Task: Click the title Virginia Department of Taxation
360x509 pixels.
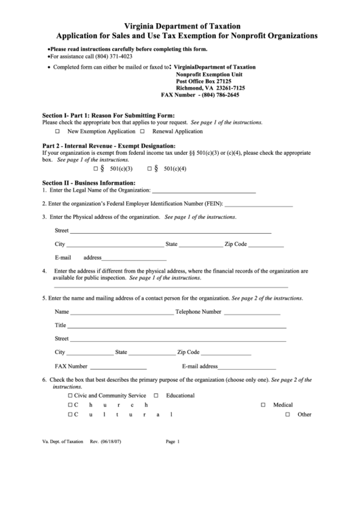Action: tap(180, 24)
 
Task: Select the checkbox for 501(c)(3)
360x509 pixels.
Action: tap(96, 168)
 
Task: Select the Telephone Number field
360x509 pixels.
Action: tap(251, 312)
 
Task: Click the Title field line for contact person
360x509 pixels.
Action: tap(177, 326)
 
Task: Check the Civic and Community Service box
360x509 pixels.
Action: tap(70, 396)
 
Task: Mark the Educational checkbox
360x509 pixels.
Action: tap(156, 396)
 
